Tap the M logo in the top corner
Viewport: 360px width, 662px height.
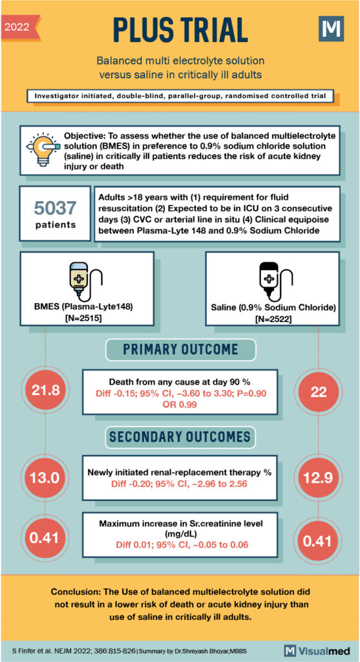pos(330,30)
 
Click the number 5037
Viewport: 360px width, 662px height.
pos(55,208)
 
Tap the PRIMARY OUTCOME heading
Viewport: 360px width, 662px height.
pos(180,350)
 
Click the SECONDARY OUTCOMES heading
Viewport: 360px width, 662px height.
pos(180,437)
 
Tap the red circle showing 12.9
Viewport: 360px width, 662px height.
pos(318,478)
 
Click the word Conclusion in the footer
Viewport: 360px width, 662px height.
pos(77,592)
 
